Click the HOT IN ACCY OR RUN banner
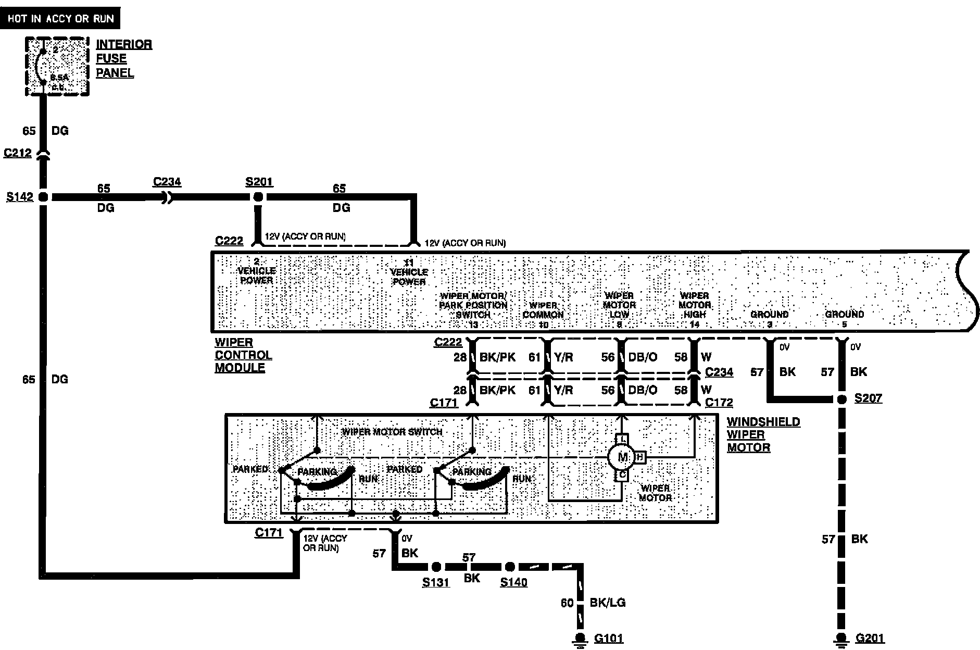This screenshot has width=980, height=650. [60, 19]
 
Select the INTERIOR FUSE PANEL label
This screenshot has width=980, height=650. [123, 58]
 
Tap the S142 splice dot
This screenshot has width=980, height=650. [43, 197]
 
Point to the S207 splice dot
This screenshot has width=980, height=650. [841, 399]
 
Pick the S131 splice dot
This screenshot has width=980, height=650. [436, 567]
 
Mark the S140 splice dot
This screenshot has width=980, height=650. [510, 567]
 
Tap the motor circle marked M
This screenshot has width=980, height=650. [623, 457]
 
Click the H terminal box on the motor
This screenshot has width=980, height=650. [640, 457]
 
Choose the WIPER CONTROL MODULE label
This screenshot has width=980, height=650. [243, 355]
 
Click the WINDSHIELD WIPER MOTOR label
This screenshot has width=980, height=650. [763, 434]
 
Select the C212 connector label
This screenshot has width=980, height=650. [18, 153]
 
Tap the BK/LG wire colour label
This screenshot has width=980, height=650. [607, 603]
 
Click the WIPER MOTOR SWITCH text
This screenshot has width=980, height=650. [392, 432]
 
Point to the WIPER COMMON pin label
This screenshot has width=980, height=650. [543, 310]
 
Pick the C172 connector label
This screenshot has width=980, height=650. [719, 403]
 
